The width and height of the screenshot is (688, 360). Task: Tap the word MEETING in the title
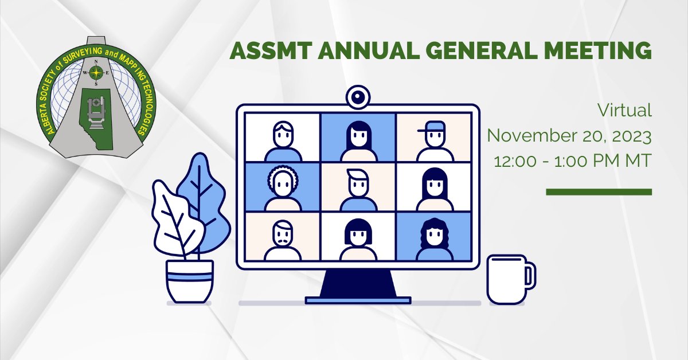[597, 50]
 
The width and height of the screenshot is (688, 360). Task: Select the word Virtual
[624, 110]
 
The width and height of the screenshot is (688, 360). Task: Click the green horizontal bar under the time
[599, 192]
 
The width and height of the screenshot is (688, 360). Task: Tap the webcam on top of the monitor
[358, 97]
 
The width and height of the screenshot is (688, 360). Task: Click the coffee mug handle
[530, 275]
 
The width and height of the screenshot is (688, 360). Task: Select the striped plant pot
[190, 281]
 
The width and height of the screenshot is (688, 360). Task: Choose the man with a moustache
[283, 240]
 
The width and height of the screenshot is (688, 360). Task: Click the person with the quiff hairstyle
[358, 190]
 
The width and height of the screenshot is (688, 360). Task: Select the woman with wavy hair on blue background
[435, 239]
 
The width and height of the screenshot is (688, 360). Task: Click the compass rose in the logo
[96, 73]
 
